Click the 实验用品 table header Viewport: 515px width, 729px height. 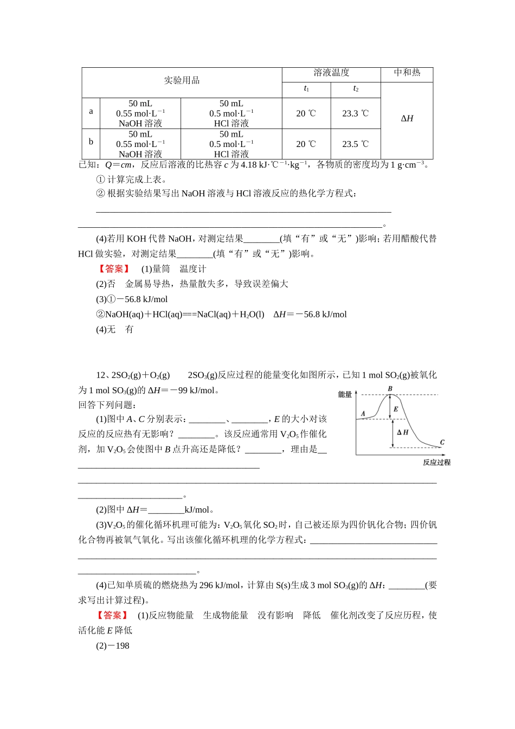(x=182, y=81)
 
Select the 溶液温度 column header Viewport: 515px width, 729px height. (x=331, y=73)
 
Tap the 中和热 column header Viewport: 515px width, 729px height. (x=407, y=73)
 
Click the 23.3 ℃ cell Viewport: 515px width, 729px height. (x=355, y=113)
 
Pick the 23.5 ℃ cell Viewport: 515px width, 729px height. (x=355, y=144)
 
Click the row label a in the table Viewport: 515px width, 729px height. (x=91, y=111)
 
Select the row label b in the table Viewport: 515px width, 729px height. (x=91, y=142)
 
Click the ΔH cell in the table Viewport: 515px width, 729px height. (x=407, y=119)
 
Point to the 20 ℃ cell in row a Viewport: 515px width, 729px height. (x=306, y=113)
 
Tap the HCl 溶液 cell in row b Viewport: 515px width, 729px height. (x=231, y=144)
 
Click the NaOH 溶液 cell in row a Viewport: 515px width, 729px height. (x=140, y=113)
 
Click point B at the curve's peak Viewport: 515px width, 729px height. (x=390, y=389)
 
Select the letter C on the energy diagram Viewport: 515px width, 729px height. (x=442, y=442)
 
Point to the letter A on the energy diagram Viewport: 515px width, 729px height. (x=363, y=414)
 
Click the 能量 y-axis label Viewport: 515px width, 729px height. (x=345, y=394)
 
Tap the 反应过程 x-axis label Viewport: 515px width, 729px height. (x=436, y=463)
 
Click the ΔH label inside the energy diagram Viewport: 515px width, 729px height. (x=403, y=432)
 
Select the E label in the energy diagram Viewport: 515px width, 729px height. (x=396, y=409)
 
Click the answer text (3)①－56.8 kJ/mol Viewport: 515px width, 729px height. (x=132, y=299)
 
